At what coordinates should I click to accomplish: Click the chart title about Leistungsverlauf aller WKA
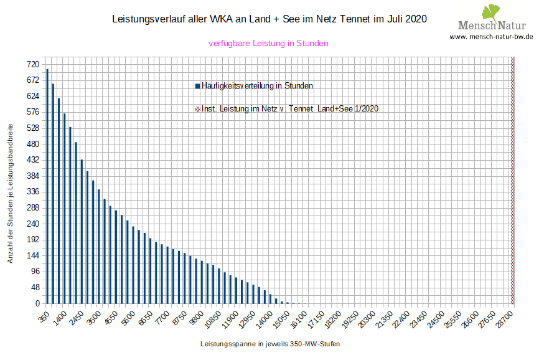(x=269, y=19)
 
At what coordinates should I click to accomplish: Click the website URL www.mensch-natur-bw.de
(x=491, y=37)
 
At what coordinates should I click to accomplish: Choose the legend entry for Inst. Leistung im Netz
(x=286, y=108)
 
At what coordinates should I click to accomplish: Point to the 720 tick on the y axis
(x=33, y=64)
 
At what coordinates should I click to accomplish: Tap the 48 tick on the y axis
(x=35, y=288)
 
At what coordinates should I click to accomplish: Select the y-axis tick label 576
(x=33, y=112)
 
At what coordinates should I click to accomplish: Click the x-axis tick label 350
(x=44, y=317)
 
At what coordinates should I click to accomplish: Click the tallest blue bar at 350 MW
(x=47, y=187)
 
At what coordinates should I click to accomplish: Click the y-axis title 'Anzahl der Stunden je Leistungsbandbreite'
(x=11, y=193)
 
